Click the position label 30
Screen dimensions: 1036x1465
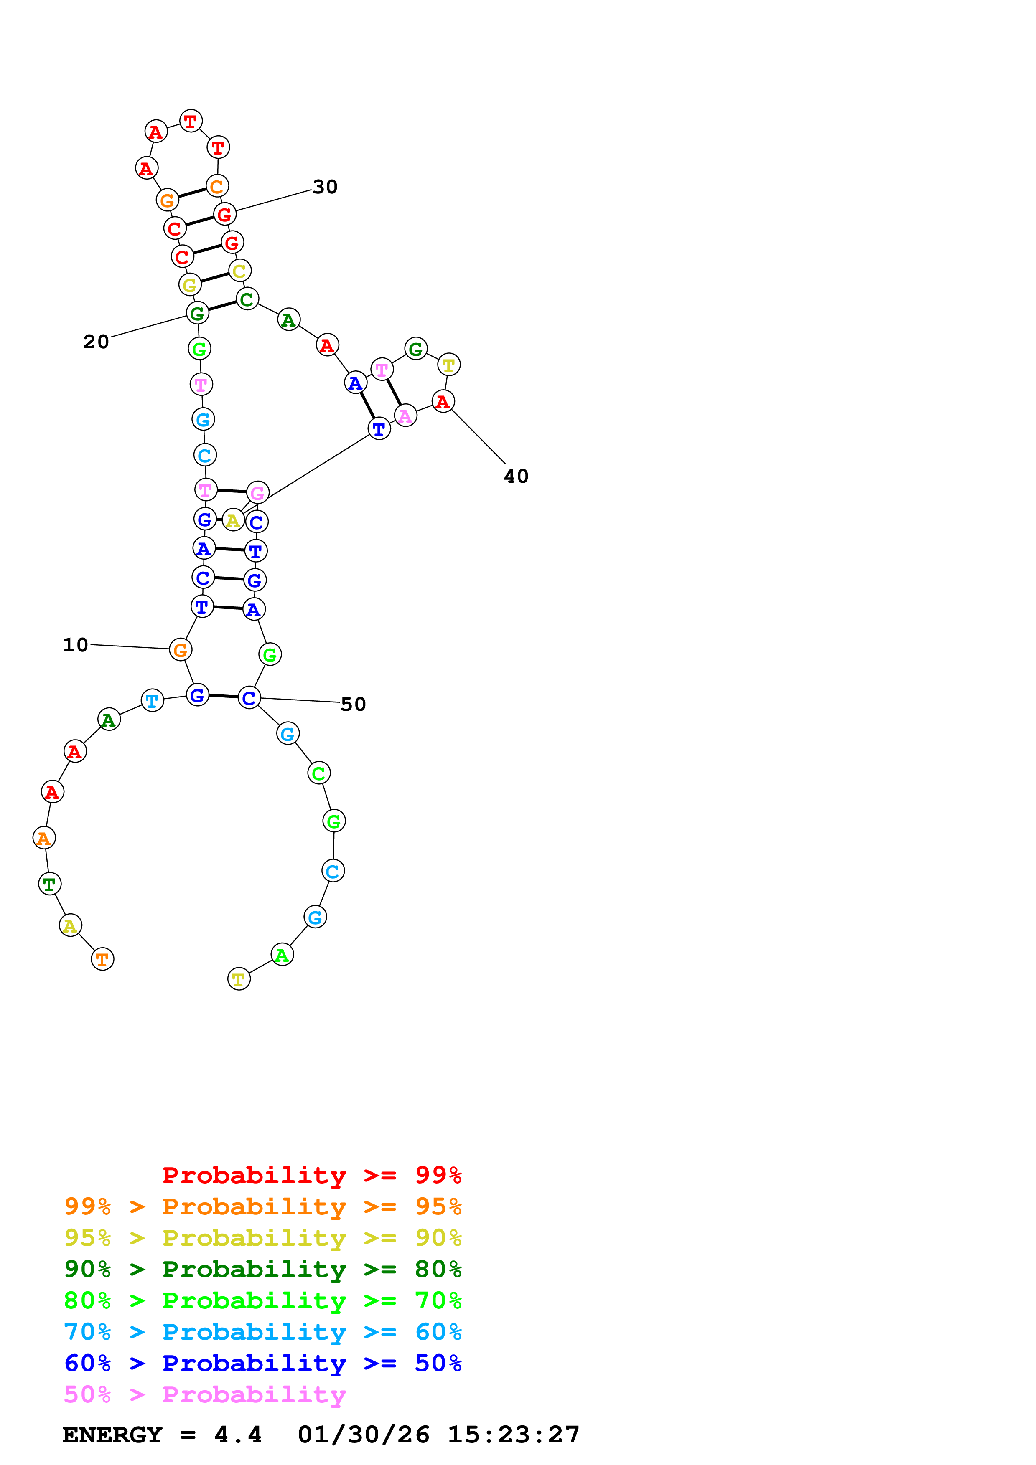coord(325,187)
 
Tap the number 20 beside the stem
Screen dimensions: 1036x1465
coord(97,342)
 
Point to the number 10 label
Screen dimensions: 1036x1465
coord(75,645)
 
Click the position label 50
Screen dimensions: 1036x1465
coord(353,705)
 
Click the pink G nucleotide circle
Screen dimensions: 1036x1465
coord(258,493)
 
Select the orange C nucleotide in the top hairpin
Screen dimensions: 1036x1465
coord(217,186)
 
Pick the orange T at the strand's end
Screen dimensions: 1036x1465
coord(102,959)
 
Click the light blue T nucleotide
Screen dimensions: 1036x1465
coord(152,701)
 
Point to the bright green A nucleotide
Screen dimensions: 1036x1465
coord(282,955)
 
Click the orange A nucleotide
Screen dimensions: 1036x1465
coord(43,838)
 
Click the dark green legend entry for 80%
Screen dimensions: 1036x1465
coord(262,1269)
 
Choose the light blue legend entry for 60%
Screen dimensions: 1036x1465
coord(262,1332)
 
